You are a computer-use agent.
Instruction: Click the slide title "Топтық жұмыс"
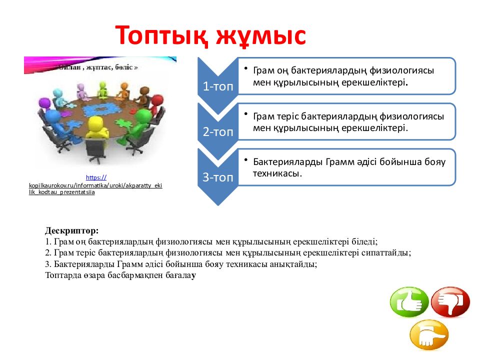(x=210, y=35)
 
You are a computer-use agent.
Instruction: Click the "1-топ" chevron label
(x=217, y=86)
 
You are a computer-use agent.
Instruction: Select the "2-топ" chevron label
(x=217, y=132)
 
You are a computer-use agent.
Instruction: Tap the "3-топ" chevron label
(x=217, y=177)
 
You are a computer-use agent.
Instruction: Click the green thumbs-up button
(x=409, y=302)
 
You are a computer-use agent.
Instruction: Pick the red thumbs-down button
(x=450, y=302)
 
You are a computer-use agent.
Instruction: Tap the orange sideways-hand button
(x=429, y=335)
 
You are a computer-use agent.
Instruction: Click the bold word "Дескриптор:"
(x=72, y=231)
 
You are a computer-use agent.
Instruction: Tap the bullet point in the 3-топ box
(x=246, y=159)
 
